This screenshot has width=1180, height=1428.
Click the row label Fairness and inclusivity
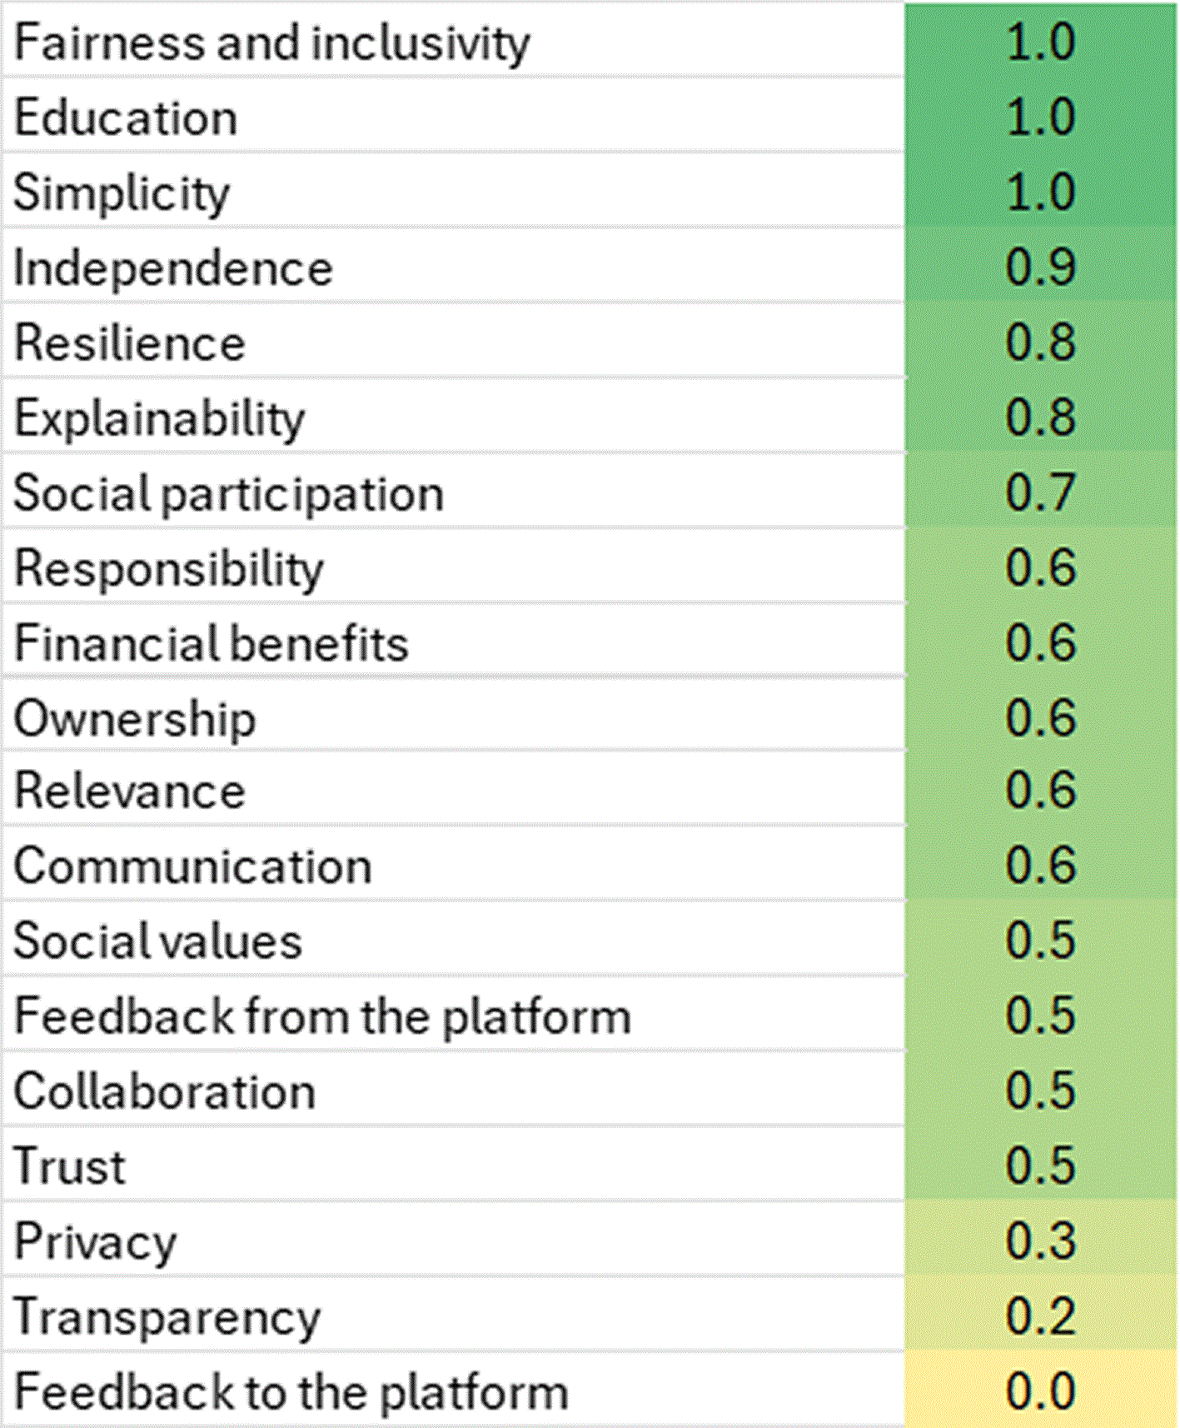pyautogui.click(x=272, y=43)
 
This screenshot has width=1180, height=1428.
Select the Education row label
pyautogui.click(x=127, y=117)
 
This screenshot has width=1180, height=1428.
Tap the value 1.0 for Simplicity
pyautogui.click(x=1041, y=192)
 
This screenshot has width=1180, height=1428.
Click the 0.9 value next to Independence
pyautogui.click(x=1041, y=267)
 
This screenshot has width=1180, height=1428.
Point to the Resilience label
pyautogui.click(x=130, y=343)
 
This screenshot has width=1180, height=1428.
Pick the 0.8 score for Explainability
pyautogui.click(x=1041, y=417)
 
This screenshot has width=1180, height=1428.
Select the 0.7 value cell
pyautogui.click(x=1041, y=492)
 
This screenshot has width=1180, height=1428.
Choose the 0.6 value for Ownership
pyautogui.click(x=1041, y=717)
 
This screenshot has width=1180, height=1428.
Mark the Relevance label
pyautogui.click(x=130, y=791)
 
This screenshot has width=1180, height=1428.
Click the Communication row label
pyautogui.click(x=193, y=866)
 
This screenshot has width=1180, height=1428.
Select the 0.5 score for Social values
pyautogui.click(x=1041, y=941)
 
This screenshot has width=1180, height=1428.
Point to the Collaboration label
pyautogui.click(x=165, y=1091)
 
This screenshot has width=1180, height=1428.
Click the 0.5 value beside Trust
pyautogui.click(x=1041, y=1166)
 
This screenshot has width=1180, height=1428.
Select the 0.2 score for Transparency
pyautogui.click(x=1041, y=1316)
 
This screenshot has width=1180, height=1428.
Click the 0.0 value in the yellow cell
pyautogui.click(x=1041, y=1391)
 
